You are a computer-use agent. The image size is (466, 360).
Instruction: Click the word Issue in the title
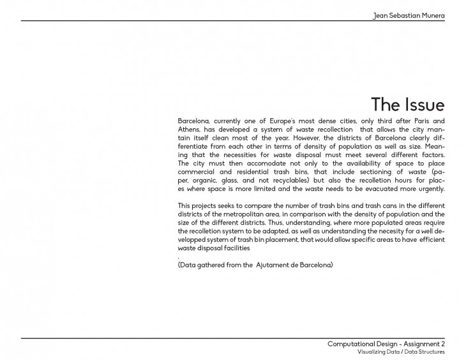tap(423, 104)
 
